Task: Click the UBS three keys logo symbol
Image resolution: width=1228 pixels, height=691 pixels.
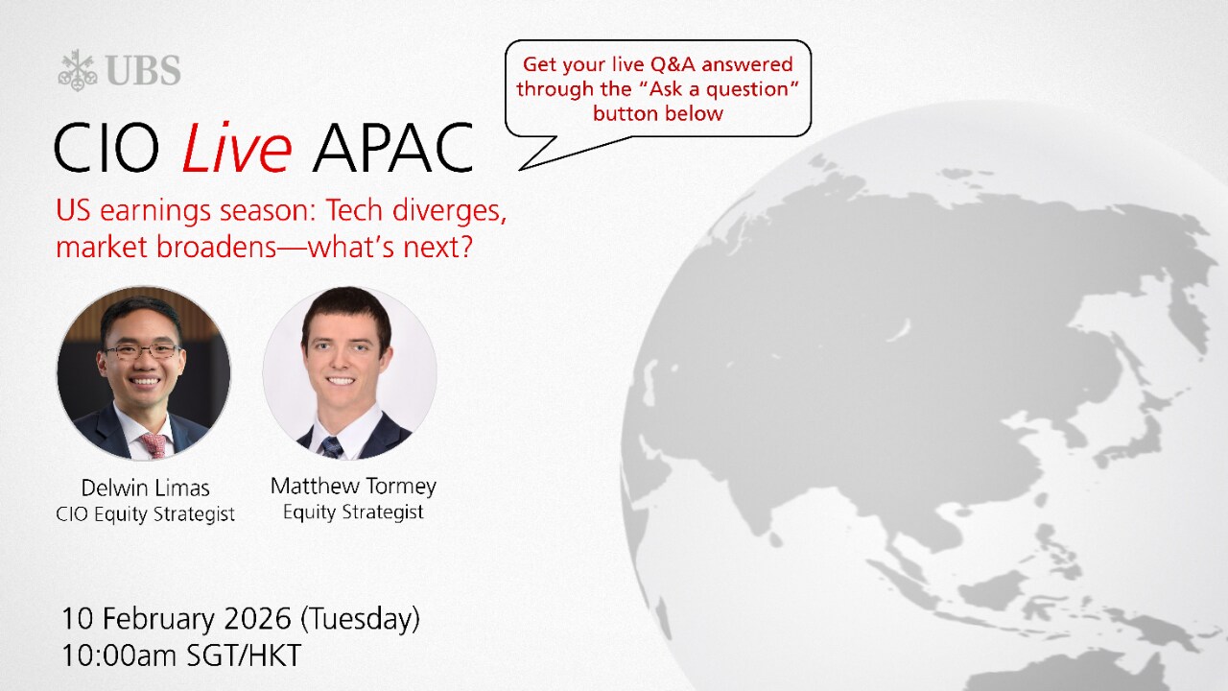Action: (x=78, y=70)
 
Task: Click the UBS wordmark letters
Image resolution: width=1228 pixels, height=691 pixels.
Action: (x=144, y=71)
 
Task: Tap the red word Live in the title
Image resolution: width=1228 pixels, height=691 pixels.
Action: (x=236, y=147)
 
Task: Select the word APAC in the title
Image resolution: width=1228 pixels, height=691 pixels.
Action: (x=392, y=148)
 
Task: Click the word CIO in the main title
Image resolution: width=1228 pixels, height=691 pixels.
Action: (x=106, y=148)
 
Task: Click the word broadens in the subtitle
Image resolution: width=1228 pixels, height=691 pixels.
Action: (x=216, y=247)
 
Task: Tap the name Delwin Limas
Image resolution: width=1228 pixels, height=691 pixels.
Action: (x=145, y=488)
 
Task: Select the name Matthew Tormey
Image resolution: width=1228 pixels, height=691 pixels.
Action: (x=354, y=486)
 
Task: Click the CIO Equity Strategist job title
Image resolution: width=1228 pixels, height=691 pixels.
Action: (x=145, y=514)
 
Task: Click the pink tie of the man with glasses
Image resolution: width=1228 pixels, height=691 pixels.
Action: (x=154, y=445)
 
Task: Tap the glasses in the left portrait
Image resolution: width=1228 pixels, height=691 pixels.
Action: (x=143, y=351)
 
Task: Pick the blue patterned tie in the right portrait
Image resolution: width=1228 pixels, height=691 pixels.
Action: (x=331, y=447)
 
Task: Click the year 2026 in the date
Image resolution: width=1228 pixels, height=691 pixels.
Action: (x=258, y=619)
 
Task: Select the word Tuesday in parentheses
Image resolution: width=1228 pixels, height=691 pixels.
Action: (x=360, y=619)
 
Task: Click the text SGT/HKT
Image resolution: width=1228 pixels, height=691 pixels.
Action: (x=244, y=655)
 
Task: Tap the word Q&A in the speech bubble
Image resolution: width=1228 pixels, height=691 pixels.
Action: (x=673, y=64)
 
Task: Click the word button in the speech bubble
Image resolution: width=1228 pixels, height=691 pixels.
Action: (x=623, y=114)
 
